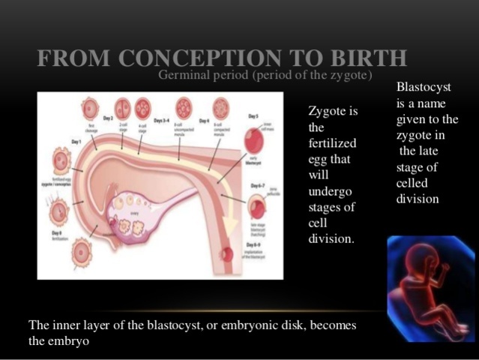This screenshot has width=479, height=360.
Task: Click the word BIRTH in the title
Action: (x=370, y=58)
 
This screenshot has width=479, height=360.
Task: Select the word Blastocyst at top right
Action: (x=424, y=88)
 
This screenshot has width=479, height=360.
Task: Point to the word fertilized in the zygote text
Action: (x=332, y=143)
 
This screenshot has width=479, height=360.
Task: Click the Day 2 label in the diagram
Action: (x=108, y=118)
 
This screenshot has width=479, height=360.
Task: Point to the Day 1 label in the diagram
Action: (x=76, y=141)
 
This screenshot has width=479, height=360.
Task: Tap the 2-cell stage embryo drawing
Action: (x=122, y=107)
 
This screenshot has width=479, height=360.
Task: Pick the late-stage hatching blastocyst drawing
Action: (x=257, y=205)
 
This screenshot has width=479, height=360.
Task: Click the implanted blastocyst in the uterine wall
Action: (x=226, y=253)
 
